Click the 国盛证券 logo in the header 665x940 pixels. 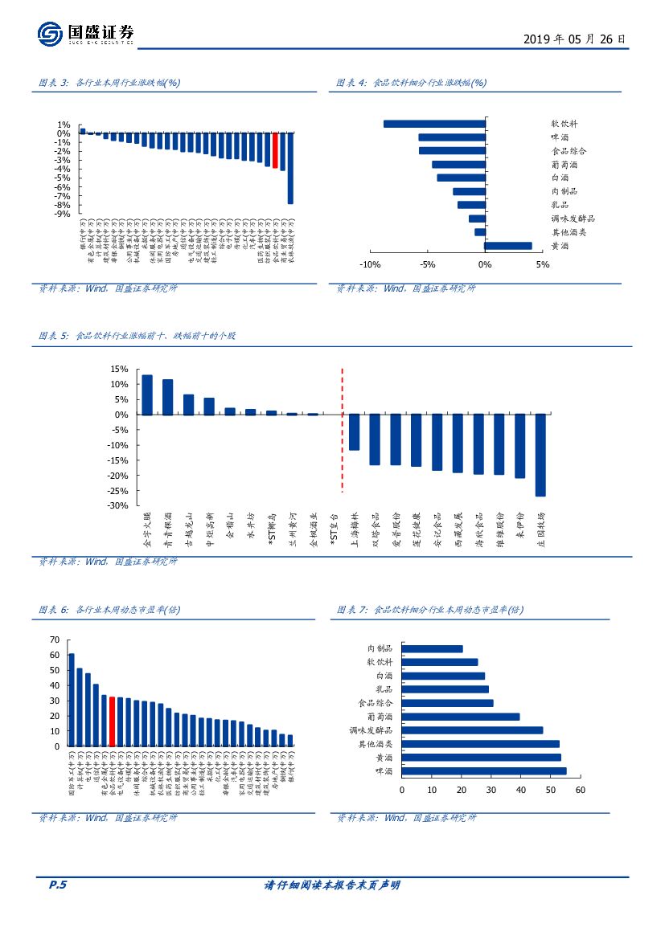coord(86,34)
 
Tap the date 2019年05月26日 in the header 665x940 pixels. coord(574,39)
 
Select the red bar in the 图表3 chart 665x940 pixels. coord(275,149)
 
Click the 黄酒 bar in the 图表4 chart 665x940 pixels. coord(508,246)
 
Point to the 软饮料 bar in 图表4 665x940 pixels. coord(434,124)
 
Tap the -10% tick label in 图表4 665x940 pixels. coord(369,265)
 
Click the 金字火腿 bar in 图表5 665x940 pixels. coord(147,394)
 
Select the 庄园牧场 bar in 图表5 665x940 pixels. coord(540,455)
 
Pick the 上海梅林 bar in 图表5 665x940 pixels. coord(354,431)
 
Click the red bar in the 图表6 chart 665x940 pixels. coord(112,721)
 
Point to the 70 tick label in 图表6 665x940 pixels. coord(55,640)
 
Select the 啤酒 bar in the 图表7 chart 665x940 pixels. coord(483,770)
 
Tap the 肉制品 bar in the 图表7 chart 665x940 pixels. coord(432,648)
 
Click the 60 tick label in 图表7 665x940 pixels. coord(581,790)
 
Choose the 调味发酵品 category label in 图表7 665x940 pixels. coord(371,730)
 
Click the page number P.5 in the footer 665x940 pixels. coord(57,885)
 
